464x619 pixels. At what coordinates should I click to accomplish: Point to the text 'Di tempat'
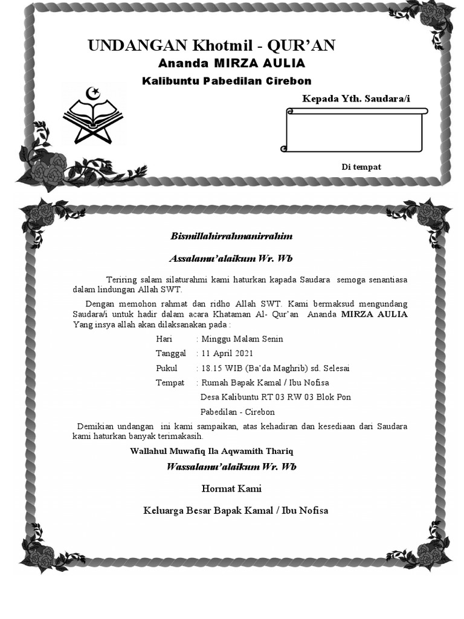pos(361,167)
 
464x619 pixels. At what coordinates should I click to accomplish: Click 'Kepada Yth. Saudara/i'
pos(356,99)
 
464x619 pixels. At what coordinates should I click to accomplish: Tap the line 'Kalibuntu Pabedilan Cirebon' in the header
pos(227,81)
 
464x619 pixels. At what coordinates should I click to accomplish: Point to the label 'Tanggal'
pos(171,354)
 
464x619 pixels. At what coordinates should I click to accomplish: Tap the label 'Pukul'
pos(167,368)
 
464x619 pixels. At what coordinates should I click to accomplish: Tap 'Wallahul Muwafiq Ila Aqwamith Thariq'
pos(211,452)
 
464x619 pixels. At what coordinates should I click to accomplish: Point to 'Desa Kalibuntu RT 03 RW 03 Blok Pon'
pos(275,397)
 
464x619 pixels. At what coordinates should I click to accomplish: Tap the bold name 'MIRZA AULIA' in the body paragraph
pos(374,314)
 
